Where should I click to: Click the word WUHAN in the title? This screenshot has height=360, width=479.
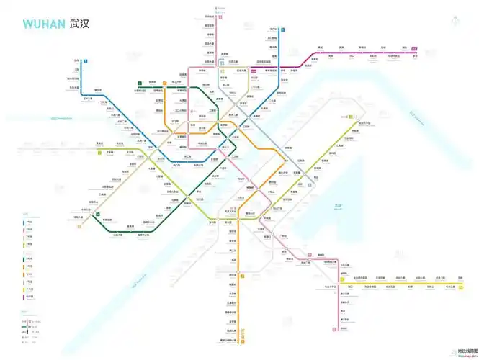coord(44,24)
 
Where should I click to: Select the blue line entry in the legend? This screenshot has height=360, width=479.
coord(27,223)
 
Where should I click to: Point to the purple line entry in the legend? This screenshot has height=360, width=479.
coord(27,297)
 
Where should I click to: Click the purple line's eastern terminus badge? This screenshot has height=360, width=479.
coord(415,48)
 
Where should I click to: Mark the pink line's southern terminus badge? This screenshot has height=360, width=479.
coord(336,329)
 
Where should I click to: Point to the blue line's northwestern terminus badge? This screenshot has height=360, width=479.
coord(85,62)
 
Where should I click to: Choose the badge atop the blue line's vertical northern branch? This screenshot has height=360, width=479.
coord(284,30)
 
